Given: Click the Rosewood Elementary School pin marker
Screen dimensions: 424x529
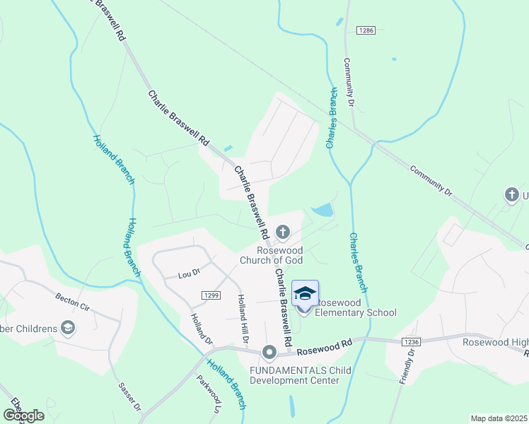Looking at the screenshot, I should (305, 295).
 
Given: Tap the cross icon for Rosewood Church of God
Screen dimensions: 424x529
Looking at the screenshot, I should (282, 232).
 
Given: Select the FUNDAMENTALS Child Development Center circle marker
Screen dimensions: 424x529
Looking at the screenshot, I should (269, 352).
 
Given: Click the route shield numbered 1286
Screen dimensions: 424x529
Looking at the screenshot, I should (366, 30).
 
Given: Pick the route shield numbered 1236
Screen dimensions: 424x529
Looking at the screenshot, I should (411, 341).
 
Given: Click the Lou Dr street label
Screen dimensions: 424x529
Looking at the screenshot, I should (189, 273).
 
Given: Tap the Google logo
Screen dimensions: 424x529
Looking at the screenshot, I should (24, 416).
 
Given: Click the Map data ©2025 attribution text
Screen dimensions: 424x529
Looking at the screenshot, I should (499, 418).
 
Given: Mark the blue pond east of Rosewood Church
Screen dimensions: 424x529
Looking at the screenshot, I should (323, 210).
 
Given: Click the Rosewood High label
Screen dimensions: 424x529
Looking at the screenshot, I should (495, 342).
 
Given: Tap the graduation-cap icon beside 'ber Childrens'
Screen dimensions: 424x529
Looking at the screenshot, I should (68, 327).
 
